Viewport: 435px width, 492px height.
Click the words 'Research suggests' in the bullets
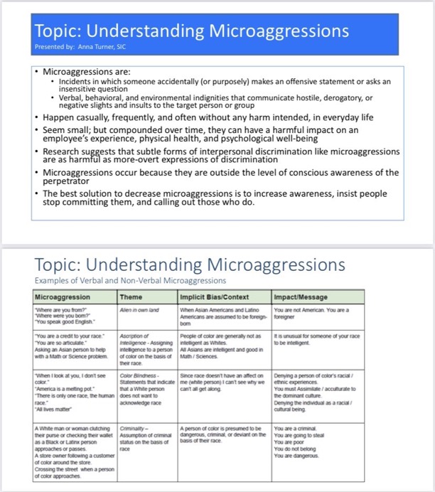coord(81,151)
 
